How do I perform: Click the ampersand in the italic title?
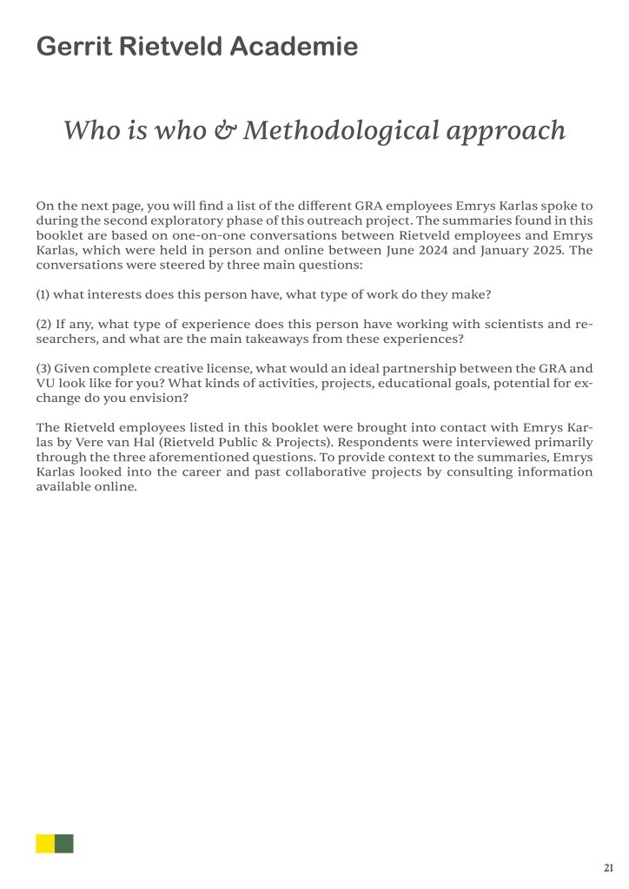click(225, 130)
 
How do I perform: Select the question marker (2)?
click(44, 324)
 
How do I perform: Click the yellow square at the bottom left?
click(45, 843)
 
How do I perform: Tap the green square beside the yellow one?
click(64, 843)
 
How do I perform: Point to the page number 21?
click(608, 867)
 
